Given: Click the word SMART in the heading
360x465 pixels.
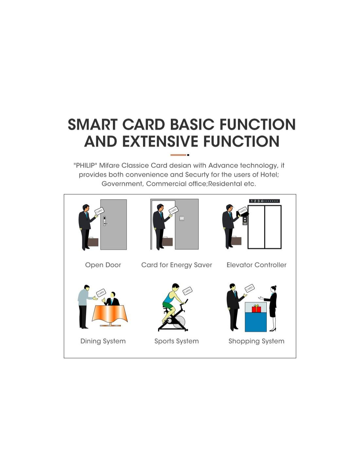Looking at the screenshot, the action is pyautogui.click(x=93, y=124).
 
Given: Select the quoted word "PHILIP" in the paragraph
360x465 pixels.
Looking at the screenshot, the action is pyautogui.click(x=84, y=165).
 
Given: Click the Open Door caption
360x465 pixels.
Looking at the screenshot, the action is pyautogui.click(x=103, y=265).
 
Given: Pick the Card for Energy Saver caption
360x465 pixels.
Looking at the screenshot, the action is pyautogui.click(x=176, y=265).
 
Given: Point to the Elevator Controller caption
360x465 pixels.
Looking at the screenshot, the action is pyautogui.click(x=256, y=265).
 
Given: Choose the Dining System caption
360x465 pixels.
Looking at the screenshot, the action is pyautogui.click(x=103, y=341).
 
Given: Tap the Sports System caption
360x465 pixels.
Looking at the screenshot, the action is pyautogui.click(x=176, y=341).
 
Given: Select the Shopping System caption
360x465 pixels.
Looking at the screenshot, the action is pyautogui.click(x=256, y=341).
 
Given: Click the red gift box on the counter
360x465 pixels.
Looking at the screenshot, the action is pyautogui.click(x=256, y=308).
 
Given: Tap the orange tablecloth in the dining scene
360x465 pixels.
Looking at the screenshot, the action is pyautogui.click(x=110, y=314).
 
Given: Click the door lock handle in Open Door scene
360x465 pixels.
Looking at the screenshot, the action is pyautogui.click(x=105, y=221).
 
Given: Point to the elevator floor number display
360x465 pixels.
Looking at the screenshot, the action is pyautogui.click(x=264, y=201).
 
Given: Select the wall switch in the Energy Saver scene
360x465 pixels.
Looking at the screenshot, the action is pyautogui.click(x=182, y=218).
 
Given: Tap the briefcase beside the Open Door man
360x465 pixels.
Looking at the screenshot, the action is pyautogui.click(x=93, y=242).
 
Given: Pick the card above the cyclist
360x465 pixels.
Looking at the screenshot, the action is pyautogui.click(x=188, y=291).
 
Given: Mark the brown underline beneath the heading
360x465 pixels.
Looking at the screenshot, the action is pyautogui.click(x=178, y=155).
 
